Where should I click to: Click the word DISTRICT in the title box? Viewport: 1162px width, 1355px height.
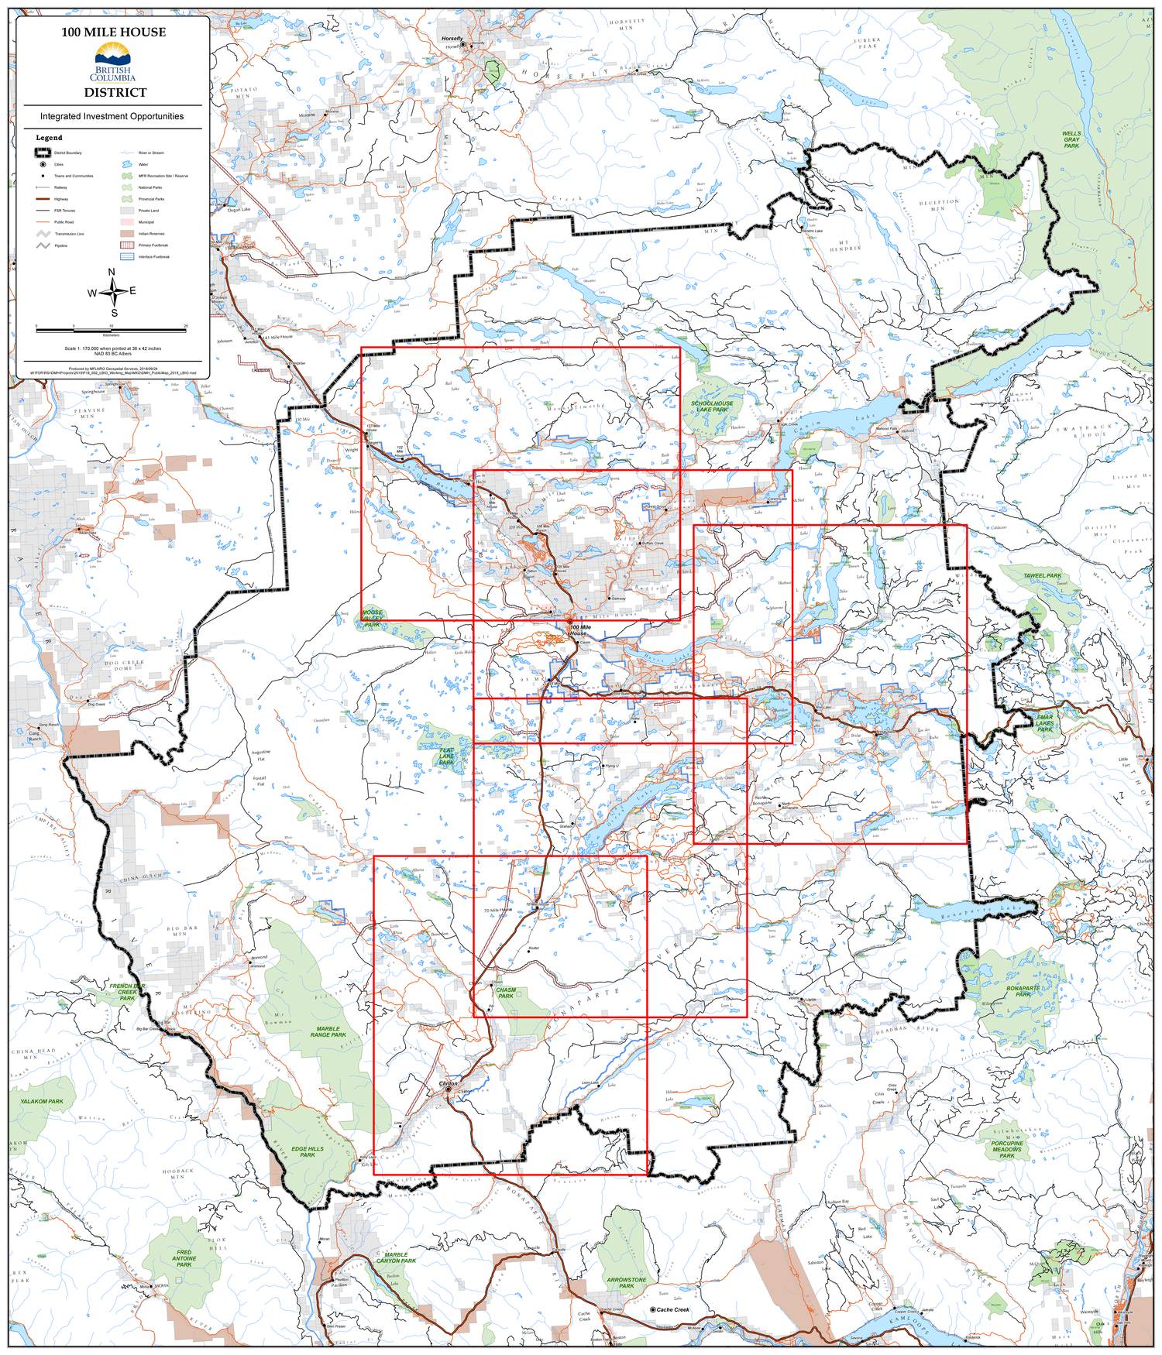[x=115, y=92]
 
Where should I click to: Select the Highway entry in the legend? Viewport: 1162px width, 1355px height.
[x=64, y=198]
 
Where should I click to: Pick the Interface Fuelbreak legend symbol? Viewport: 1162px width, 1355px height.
[x=127, y=256]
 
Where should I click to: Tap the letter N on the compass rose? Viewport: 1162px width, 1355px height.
[x=112, y=272]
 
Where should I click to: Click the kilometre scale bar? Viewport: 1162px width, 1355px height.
[x=112, y=330]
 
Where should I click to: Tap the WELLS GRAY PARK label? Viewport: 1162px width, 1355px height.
[x=1071, y=139]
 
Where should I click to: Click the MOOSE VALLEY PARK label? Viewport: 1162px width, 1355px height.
[x=373, y=617]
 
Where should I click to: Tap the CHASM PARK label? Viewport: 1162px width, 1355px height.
[x=506, y=993]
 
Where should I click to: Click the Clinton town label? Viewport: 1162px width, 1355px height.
[x=449, y=1082]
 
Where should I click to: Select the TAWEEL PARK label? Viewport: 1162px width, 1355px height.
[x=1042, y=576]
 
